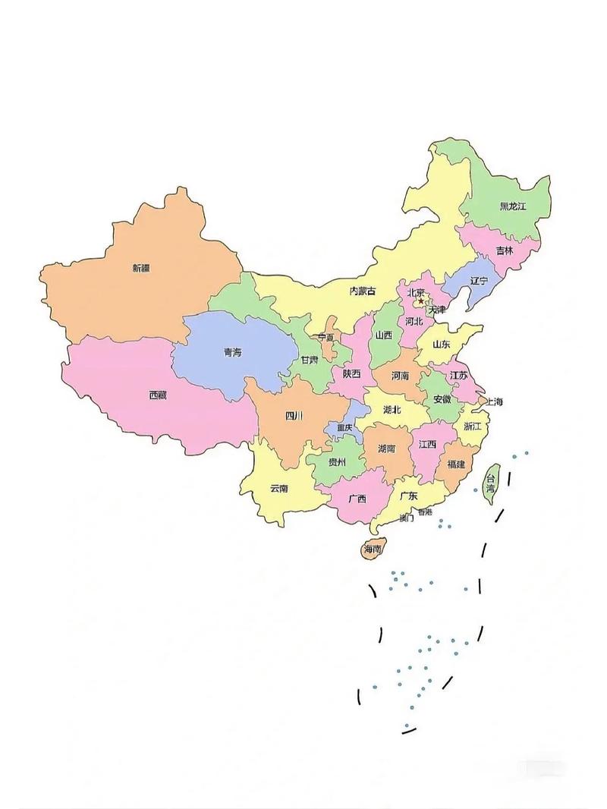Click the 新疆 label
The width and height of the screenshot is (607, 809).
pos(141,268)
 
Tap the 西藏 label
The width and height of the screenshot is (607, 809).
pos(158,395)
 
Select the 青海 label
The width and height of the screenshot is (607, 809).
pos(232,352)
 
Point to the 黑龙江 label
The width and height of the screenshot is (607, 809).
pos(512,206)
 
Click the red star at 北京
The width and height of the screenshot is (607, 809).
pos(421,301)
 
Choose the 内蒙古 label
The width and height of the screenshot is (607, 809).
pos(363,291)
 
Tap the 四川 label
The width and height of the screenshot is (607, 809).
pos(294,415)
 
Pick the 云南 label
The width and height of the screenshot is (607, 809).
pos(278,488)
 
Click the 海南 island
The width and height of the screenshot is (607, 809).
pos(373,549)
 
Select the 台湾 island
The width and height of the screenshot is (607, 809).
pos(492,483)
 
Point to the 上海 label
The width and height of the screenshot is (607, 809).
pos(494,401)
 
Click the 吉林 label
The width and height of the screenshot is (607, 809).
pos(505,250)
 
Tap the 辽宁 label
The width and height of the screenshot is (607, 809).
pos(479,281)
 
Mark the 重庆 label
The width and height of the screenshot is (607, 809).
pos(345,428)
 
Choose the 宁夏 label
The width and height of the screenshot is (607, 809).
pos(326,337)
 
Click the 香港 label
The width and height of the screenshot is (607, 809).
pos(424,512)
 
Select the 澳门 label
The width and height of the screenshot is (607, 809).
pos(406,519)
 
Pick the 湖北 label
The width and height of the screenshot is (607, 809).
pos(392,410)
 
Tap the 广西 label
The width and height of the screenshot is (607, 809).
pos(357,499)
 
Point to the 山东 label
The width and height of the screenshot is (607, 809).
pos(441,344)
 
